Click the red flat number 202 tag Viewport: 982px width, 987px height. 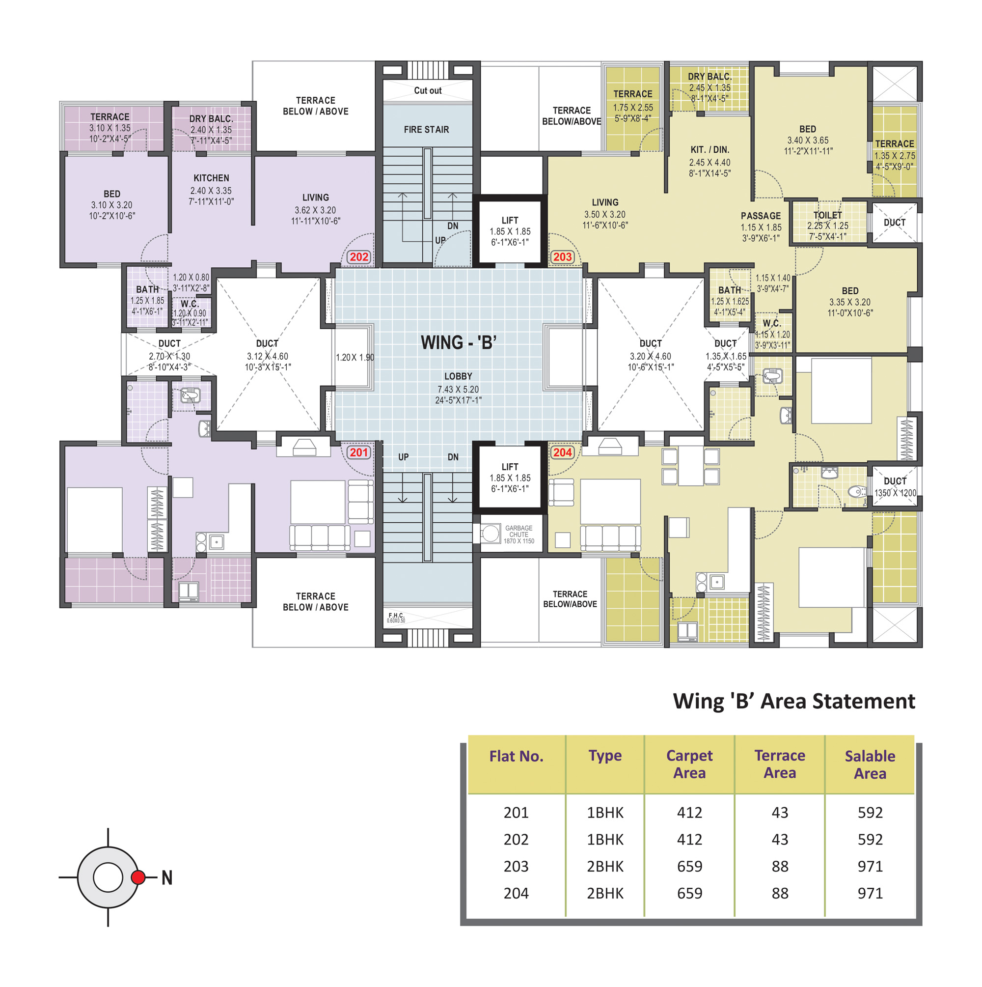tap(358, 257)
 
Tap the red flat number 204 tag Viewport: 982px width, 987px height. tap(562, 452)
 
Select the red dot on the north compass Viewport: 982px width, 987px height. tap(138, 877)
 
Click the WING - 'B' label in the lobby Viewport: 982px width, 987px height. tap(458, 342)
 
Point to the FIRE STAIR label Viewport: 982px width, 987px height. tap(426, 130)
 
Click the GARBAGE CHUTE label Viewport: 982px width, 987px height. tap(519, 531)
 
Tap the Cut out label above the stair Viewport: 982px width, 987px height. tap(428, 90)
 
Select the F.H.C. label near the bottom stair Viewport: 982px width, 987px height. tap(396, 615)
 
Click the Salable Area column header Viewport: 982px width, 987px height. tap(870, 765)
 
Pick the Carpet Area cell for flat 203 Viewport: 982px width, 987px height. tap(689, 866)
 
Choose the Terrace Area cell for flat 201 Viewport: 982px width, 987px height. tap(780, 812)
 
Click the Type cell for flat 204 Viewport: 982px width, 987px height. tap(605, 893)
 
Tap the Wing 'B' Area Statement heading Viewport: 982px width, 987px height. tap(794, 701)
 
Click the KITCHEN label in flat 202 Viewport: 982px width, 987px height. tap(212, 178)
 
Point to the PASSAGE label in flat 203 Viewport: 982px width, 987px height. tap(761, 216)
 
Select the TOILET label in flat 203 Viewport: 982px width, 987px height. tap(827, 215)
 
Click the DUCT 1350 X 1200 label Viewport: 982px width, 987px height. tap(895, 487)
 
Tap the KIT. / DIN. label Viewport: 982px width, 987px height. tap(710, 150)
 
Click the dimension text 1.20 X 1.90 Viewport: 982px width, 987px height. tap(355, 357)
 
